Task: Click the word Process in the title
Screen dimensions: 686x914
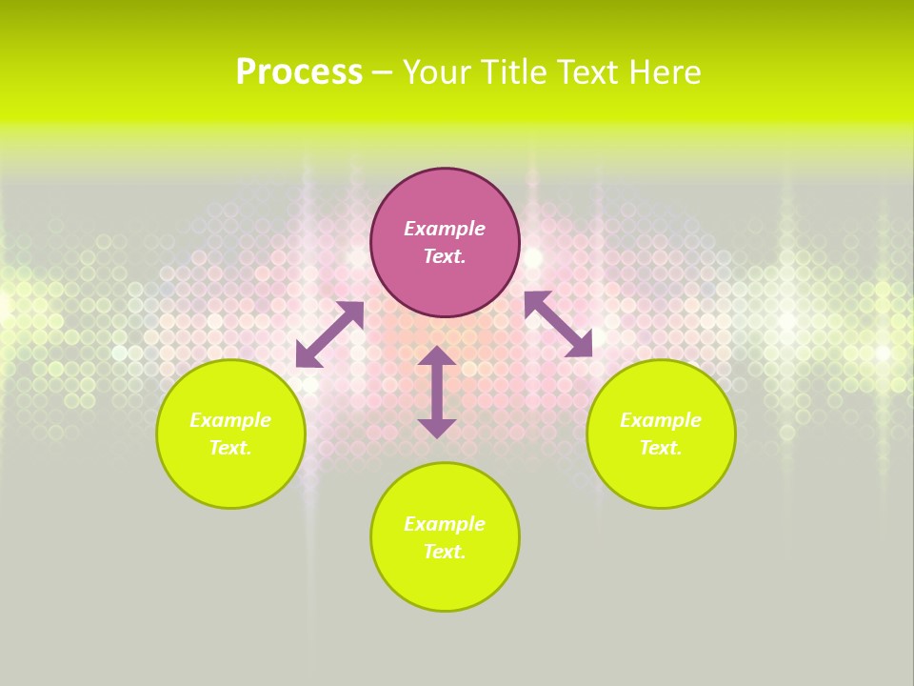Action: pos(299,72)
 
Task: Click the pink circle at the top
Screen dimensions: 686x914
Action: pos(445,195)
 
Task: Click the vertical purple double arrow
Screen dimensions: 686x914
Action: pos(437,392)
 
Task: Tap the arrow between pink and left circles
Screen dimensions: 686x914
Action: pos(329,334)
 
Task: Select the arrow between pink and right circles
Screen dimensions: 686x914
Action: pos(558,324)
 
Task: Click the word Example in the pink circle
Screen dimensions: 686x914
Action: pos(445,229)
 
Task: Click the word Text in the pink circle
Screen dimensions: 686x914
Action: pos(444,256)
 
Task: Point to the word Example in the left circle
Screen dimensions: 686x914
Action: pos(230,420)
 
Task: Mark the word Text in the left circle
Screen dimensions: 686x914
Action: pos(229,448)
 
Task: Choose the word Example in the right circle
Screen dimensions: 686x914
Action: pos(661,420)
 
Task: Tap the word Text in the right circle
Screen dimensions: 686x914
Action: pos(660,448)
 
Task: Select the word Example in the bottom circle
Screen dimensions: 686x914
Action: pos(445,524)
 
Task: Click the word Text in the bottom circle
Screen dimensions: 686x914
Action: pos(444,552)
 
